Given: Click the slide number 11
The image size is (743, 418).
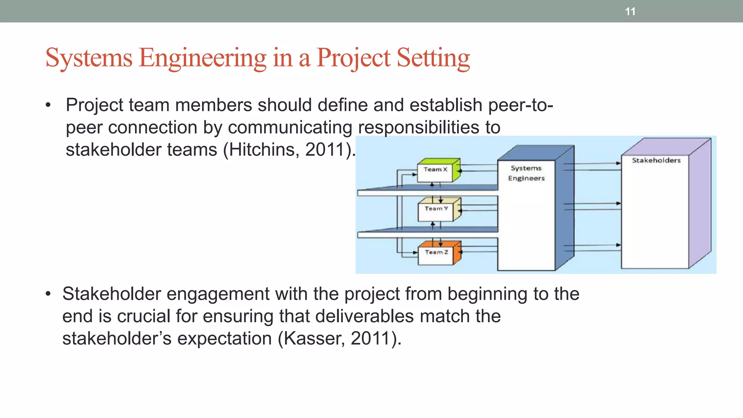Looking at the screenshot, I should point(630,12).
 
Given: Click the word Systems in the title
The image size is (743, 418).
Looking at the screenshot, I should point(89,58).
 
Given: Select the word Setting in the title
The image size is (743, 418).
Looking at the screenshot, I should point(433,58).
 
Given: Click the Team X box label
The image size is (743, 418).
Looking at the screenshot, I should point(435,169).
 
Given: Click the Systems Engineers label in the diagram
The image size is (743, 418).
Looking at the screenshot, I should point(526,173).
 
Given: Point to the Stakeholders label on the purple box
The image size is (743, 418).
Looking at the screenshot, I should point(656,160).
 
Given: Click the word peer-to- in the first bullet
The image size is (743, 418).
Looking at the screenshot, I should point(520,105).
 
